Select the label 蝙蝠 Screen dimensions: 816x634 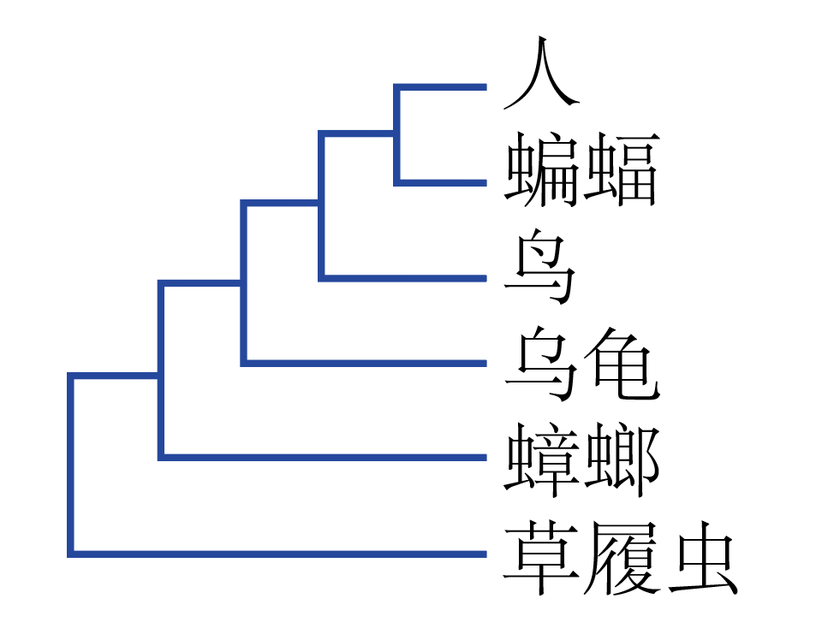click(581, 169)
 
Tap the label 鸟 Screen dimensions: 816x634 click(539, 271)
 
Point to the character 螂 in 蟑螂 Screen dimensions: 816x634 click(622, 462)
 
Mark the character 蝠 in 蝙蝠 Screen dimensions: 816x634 click(622, 169)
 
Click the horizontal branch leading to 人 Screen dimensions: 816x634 click(441, 87)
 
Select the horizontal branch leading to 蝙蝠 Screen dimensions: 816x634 click(441, 182)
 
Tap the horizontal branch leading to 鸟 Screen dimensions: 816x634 click(403, 277)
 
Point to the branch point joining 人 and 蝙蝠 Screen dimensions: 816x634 click(396, 133)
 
